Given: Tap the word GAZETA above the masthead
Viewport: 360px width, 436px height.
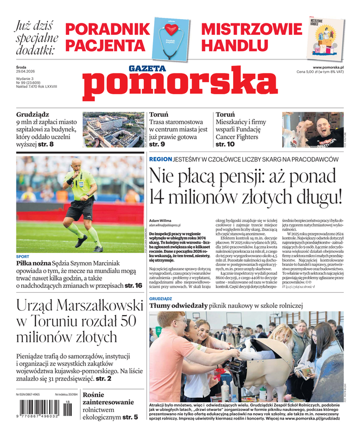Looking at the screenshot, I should pos(147,69).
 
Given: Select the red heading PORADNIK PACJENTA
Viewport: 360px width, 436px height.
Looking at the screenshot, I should pos(108,37).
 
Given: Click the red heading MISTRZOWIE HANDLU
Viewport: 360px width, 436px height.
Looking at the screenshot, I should pos(251,37).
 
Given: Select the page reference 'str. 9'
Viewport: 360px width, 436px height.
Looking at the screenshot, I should pos(158,144).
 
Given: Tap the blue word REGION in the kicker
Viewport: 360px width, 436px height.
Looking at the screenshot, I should pos(160,159).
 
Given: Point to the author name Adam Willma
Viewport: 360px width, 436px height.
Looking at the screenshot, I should pos(160,221).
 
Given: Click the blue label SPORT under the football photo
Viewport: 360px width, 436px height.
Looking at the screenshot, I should pos(22,256).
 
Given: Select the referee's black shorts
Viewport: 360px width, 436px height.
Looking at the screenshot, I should pos(79,209).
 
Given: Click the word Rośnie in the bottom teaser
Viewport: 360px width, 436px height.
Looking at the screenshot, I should pos(96,395).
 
